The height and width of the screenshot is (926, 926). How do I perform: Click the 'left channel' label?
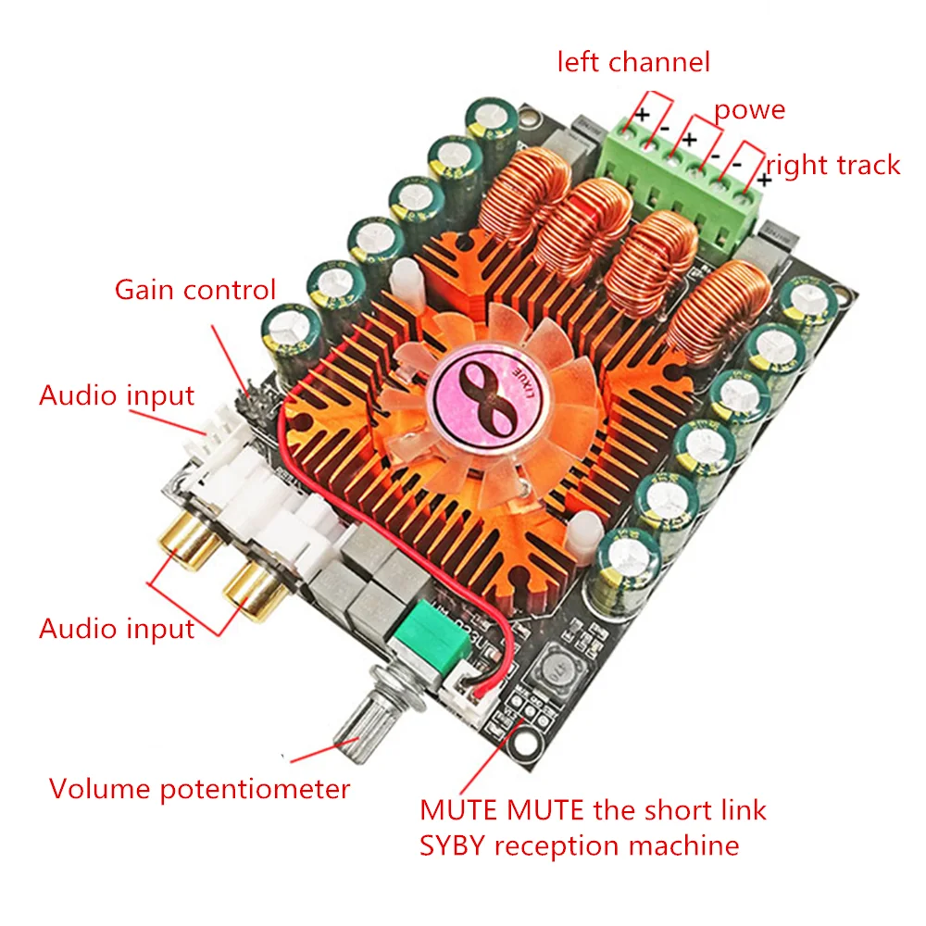[x=632, y=62]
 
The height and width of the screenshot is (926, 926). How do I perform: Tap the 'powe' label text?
[x=748, y=110]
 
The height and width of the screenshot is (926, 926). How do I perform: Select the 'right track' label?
[x=832, y=165]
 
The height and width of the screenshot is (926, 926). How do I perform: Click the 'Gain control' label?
[x=195, y=289]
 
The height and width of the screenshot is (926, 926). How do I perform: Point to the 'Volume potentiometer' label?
[x=200, y=789]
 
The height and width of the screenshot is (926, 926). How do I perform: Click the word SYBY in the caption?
[x=452, y=845]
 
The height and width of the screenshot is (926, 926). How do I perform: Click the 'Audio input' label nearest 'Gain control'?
[x=117, y=395]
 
